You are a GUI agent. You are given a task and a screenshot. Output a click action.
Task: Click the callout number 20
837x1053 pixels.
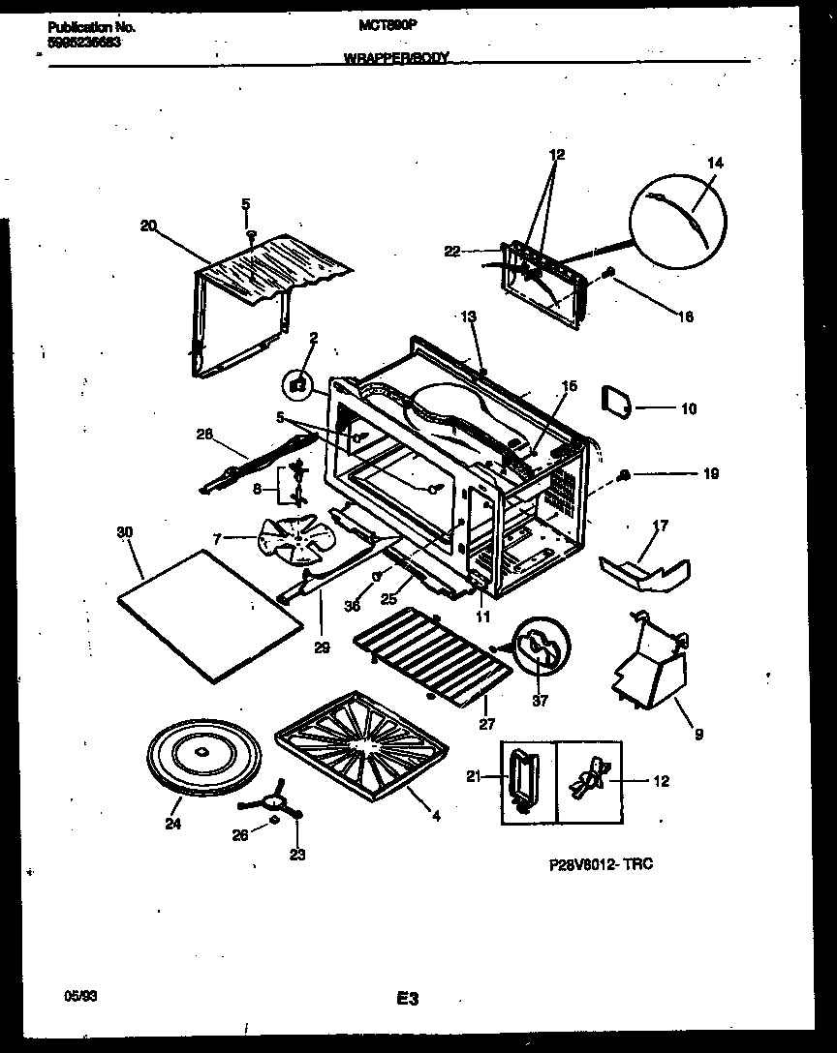[147, 226]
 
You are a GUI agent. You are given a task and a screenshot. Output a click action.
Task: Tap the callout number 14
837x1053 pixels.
[715, 164]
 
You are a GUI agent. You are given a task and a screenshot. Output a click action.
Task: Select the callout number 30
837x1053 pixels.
[124, 533]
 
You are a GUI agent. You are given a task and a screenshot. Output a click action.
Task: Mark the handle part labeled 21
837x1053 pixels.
[522, 777]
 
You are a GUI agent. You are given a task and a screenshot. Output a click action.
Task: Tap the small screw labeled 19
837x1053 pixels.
[625, 475]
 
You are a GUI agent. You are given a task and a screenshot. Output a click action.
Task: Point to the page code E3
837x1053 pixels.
[407, 998]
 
